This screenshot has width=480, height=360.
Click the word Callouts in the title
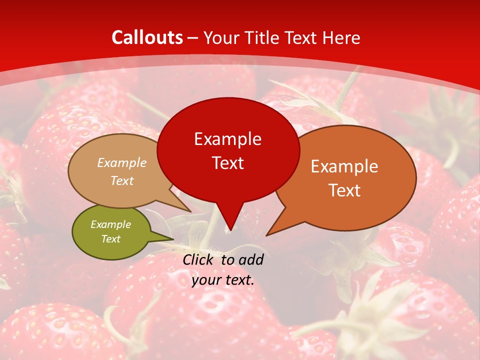click(147, 37)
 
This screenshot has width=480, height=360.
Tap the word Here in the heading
click(341, 37)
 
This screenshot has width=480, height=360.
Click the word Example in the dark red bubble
click(227, 139)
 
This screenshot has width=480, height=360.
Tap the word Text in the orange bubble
click(344, 190)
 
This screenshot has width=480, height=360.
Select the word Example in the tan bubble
click(122, 163)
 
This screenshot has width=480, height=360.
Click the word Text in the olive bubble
click(110, 239)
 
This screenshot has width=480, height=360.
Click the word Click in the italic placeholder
click(199, 259)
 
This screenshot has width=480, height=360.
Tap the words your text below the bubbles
click(223, 280)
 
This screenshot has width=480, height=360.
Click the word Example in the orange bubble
click(344, 166)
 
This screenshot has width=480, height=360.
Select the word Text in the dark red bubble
click(227, 163)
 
